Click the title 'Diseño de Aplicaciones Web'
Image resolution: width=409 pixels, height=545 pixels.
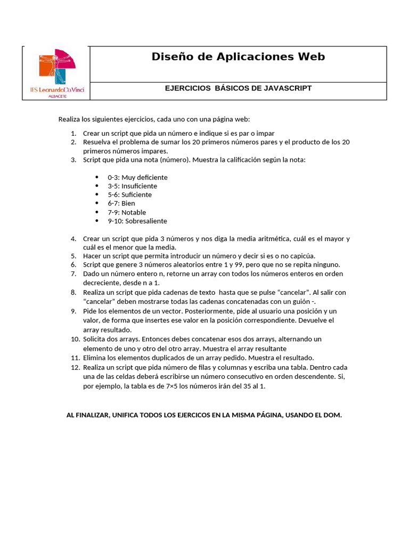(238, 56)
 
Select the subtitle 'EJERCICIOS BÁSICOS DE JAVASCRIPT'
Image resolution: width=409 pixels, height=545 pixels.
(238, 88)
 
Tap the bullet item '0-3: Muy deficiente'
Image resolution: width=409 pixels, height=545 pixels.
(137, 177)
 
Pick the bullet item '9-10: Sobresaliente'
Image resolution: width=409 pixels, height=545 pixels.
(137, 221)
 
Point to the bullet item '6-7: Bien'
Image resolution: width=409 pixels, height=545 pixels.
(121, 203)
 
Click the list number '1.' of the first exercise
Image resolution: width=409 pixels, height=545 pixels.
(73, 134)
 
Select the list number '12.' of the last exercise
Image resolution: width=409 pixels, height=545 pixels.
(74, 367)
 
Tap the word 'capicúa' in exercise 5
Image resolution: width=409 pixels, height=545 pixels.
(302, 256)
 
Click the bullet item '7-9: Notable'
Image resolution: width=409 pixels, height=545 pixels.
(127, 212)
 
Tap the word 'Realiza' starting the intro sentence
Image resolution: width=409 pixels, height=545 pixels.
(70, 119)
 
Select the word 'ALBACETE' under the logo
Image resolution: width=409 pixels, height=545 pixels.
(57, 96)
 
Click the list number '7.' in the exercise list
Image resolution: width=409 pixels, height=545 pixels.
(74, 274)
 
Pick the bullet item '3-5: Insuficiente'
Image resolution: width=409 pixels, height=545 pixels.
(132, 186)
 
